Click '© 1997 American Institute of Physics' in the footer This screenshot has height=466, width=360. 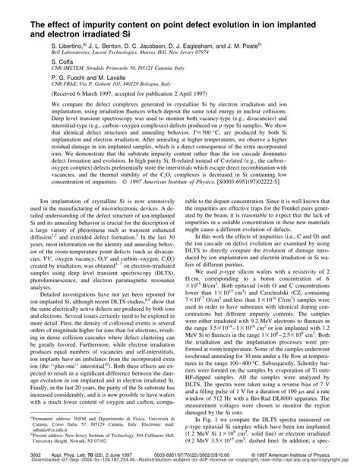tap(308, 452)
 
